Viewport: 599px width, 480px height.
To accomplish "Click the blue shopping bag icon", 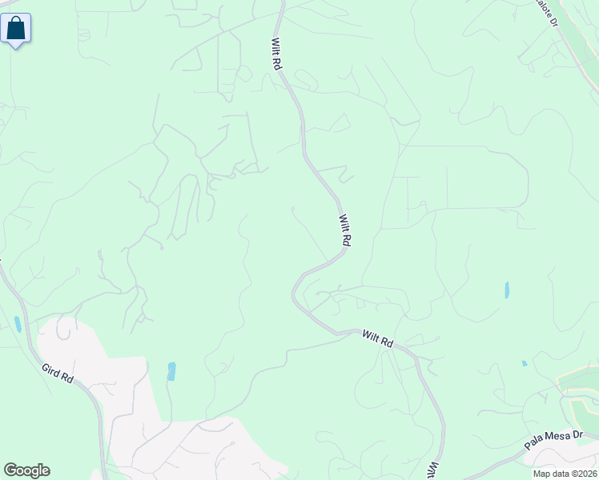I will (16, 29).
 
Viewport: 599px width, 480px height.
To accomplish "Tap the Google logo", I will (26, 470).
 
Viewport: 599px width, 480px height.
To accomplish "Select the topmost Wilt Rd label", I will (277, 54).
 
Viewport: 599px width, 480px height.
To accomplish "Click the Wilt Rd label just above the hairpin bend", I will (345, 230).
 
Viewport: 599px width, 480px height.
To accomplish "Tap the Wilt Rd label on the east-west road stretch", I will (377, 338).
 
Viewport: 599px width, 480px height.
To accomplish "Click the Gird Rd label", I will (58, 372).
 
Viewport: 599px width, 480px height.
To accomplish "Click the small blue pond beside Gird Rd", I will (18, 324).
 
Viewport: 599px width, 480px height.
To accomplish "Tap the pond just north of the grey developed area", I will (171, 371).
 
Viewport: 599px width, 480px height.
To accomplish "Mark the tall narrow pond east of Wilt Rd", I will (507, 290).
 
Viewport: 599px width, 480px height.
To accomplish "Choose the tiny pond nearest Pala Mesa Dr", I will (525, 364).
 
